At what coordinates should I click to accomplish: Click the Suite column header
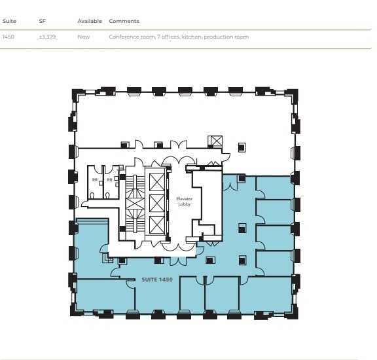9,21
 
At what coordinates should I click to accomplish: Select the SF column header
42,21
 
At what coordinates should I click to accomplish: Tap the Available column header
90,21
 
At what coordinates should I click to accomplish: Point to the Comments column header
124,21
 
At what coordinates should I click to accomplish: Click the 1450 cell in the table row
9,37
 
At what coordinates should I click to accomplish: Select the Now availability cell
83,37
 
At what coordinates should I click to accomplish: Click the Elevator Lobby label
183,200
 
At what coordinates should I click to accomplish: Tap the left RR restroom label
95,179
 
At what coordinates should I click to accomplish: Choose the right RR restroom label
109,179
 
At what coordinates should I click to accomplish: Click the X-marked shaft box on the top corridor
215,141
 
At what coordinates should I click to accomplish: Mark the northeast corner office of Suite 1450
273,187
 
